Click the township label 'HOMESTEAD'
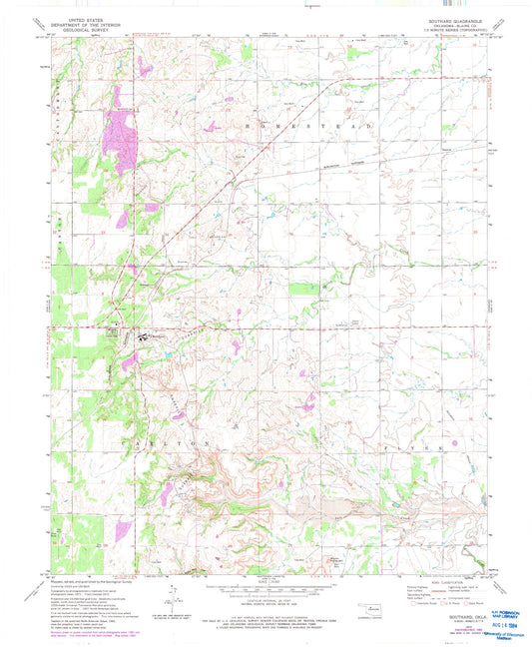(329, 128)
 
